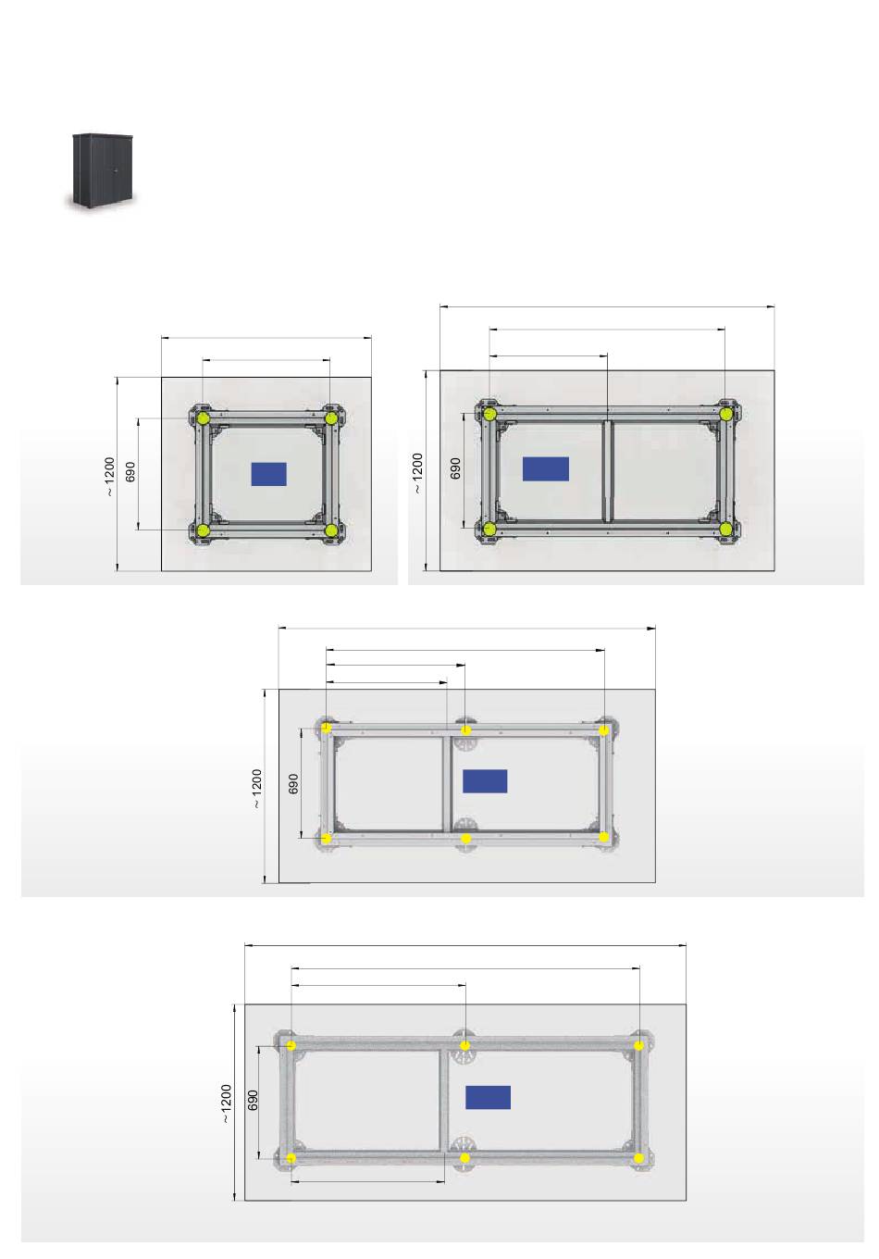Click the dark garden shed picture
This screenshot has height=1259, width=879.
click(102, 171)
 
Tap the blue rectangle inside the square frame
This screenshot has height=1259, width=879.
click(268, 474)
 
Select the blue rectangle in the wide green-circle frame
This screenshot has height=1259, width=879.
click(545, 468)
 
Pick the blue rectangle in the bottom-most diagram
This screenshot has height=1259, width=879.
click(488, 1097)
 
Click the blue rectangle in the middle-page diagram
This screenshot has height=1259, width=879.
click(485, 780)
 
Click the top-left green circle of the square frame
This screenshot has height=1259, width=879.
click(204, 418)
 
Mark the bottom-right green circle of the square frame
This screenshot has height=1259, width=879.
click(331, 530)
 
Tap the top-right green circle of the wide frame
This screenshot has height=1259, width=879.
click(725, 415)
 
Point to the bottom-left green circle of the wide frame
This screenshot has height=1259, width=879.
click(489, 529)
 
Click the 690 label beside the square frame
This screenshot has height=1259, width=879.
click(130, 472)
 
